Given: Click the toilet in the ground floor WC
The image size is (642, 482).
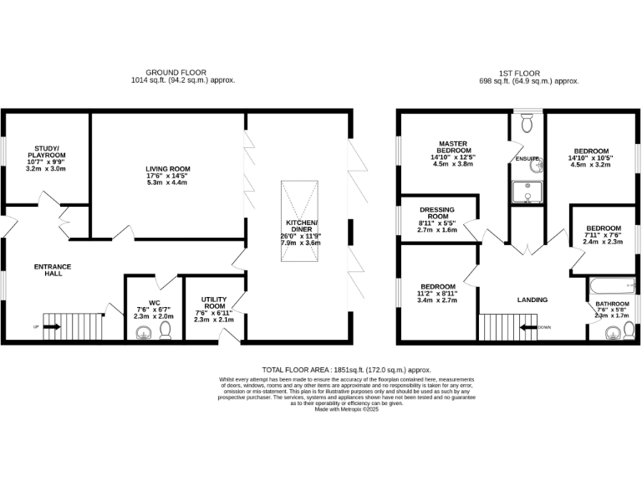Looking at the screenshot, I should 165,332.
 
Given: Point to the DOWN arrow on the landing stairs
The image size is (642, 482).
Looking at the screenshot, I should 528,326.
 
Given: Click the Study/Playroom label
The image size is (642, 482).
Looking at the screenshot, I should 45,151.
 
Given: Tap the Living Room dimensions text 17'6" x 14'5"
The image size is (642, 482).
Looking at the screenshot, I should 168,176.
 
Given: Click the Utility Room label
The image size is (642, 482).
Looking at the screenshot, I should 213,303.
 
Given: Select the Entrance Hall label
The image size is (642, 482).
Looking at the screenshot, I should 53,270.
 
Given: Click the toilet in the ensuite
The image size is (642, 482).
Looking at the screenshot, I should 527,125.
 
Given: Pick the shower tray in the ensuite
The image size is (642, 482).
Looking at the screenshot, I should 527,191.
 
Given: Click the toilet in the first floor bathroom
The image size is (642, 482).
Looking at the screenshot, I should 620,332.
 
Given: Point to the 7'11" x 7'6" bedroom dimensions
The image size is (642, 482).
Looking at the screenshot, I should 603,235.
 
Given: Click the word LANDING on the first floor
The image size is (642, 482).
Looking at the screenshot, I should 532,300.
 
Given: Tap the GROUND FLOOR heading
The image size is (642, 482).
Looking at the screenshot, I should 176,73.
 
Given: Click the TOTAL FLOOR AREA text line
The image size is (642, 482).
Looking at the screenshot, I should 347,369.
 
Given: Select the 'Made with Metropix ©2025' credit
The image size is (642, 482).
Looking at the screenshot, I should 347,409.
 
